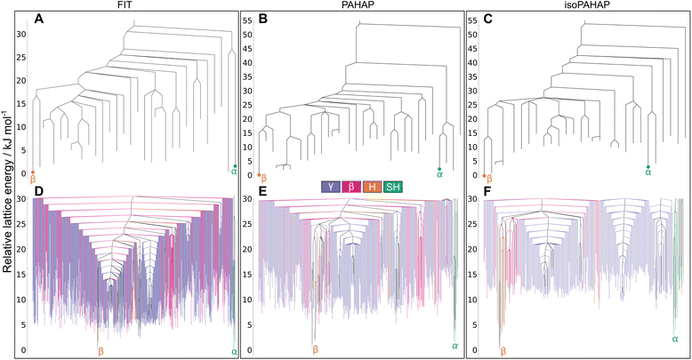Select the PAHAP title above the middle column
click(x=355, y=5)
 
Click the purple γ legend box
click(x=331, y=187)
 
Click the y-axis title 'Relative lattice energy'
click(x=7, y=178)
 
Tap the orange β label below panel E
click(x=314, y=350)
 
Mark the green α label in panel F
click(x=675, y=339)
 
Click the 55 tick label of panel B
click(x=250, y=20)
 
